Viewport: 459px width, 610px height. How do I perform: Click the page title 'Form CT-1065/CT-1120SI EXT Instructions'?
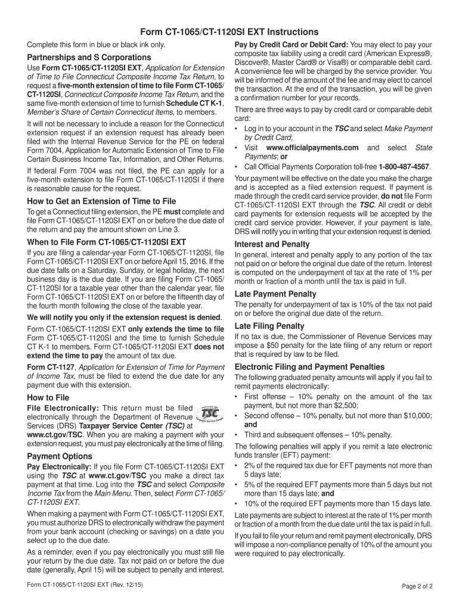click(x=229, y=32)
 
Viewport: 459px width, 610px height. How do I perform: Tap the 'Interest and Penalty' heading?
click(x=272, y=244)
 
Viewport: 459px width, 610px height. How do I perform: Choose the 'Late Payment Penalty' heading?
click(x=275, y=294)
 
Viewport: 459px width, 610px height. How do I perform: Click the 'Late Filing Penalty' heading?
click(x=269, y=326)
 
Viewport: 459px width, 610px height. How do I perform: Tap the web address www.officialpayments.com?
click(x=312, y=147)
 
